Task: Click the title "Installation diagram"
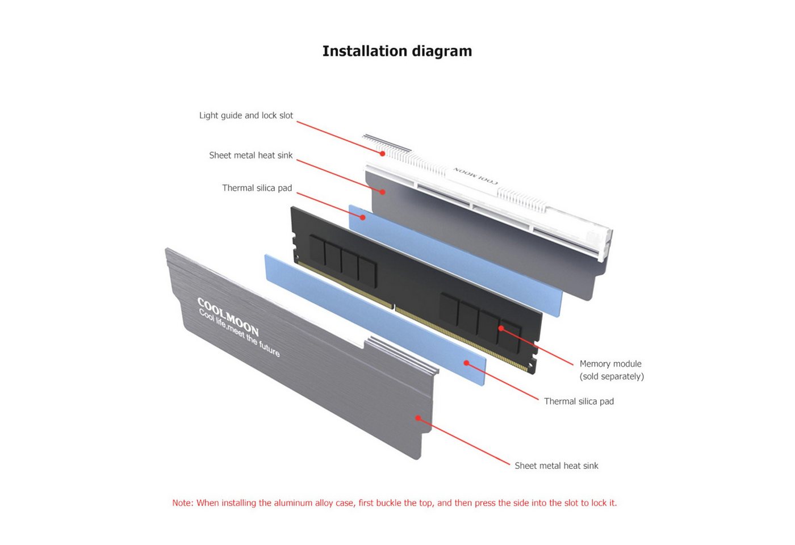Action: [397, 52]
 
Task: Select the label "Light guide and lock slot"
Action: [246, 116]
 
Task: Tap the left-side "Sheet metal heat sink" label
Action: [251, 156]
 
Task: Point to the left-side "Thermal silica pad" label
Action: [257, 188]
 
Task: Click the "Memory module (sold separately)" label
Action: [612, 370]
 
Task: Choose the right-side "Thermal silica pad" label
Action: [579, 401]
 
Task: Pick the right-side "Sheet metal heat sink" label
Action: [556, 466]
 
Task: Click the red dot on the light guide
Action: [382, 154]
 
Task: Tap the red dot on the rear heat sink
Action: [383, 192]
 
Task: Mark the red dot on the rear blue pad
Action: [362, 217]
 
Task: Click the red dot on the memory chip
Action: [501, 328]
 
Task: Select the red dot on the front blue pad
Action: [467, 363]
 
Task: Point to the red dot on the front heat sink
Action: [419, 418]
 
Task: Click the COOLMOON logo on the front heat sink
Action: [228, 317]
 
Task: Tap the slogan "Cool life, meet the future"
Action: [239, 333]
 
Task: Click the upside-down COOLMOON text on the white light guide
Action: [475, 175]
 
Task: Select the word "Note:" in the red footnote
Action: [183, 503]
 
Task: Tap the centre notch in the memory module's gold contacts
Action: [394, 306]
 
